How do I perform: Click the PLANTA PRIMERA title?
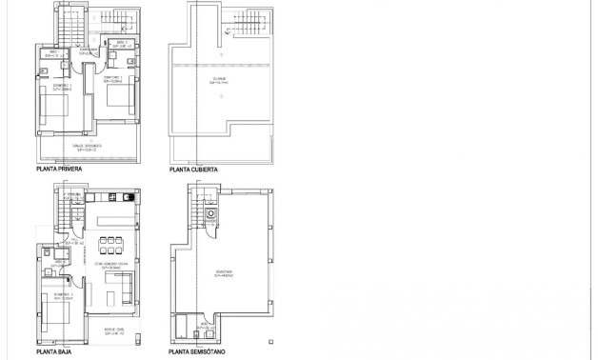click(58, 170)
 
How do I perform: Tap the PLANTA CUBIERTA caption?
click(193, 170)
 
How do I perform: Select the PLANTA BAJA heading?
click(53, 351)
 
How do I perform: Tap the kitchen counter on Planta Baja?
click(111, 197)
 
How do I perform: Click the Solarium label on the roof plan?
click(219, 83)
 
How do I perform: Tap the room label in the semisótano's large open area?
click(222, 273)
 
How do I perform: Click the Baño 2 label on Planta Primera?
click(121, 44)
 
